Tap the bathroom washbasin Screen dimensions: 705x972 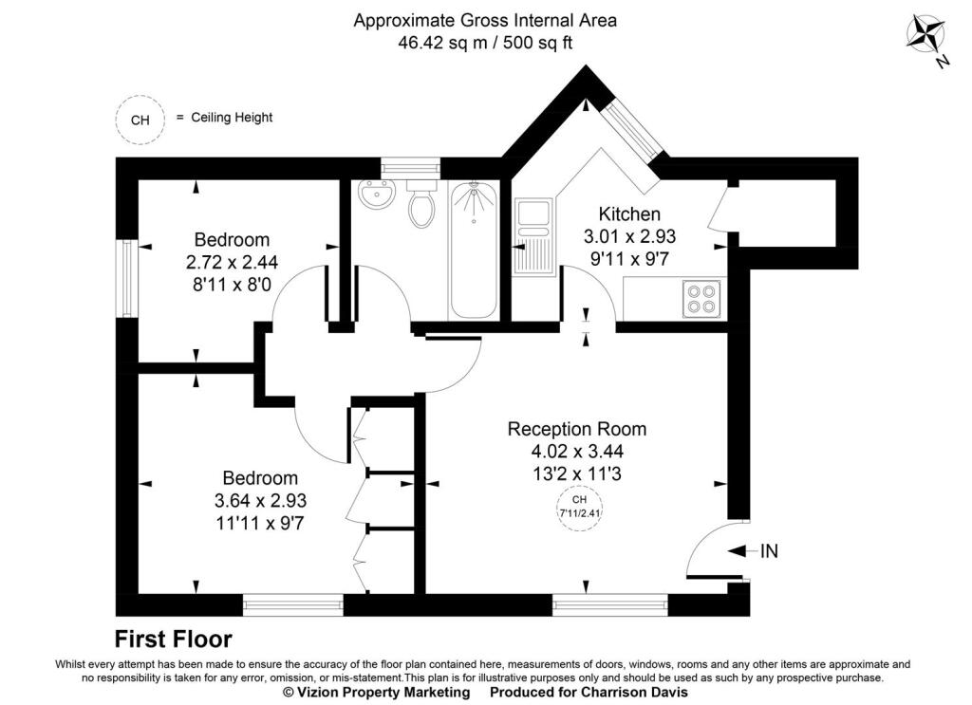tap(377, 198)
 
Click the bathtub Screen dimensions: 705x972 tap(472, 250)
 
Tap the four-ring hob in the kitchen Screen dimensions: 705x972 tap(701, 299)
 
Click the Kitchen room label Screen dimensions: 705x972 tap(628, 214)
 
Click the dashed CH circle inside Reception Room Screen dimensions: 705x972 tap(579, 508)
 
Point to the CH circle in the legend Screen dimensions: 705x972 tap(140, 119)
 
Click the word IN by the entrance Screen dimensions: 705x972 tap(768, 551)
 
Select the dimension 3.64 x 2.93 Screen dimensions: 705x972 tap(260, 500)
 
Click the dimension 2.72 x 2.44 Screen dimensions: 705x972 tap(232, 261)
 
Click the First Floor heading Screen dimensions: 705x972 tap(174, 639)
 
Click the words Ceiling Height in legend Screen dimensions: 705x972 tap(232, 118)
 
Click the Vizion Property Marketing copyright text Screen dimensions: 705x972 tap(377, 693)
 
